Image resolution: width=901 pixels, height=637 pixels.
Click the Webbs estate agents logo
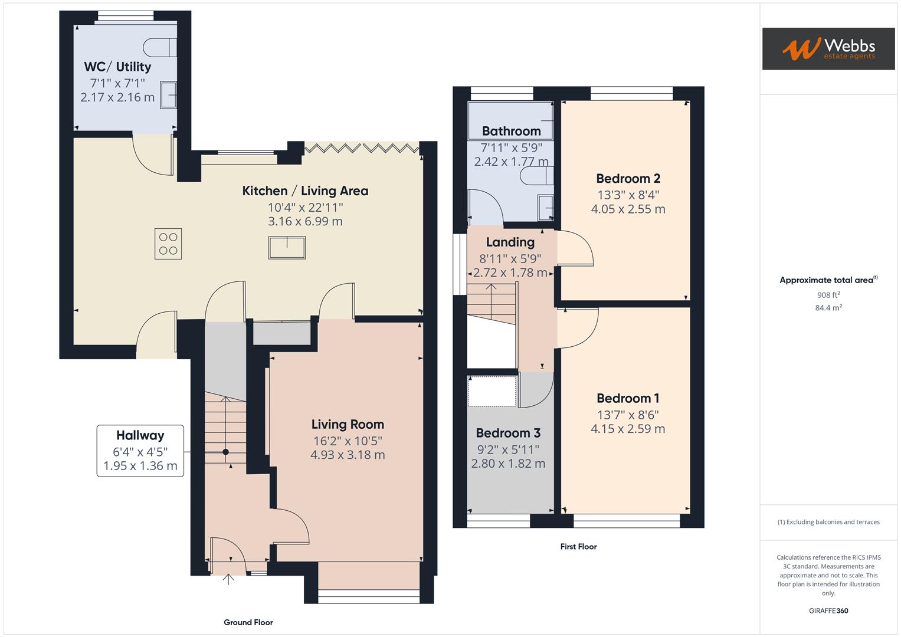click(828, 48)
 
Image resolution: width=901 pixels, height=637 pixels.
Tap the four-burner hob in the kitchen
click(168, 244)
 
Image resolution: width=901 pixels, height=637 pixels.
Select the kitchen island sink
click(287, 248)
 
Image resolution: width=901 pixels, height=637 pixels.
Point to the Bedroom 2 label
click(628, 179)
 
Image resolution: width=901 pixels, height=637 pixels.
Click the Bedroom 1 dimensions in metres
click(628, 429)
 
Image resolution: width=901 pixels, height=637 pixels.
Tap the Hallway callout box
click(140, 451)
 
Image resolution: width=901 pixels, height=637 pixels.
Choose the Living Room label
click(348, 425)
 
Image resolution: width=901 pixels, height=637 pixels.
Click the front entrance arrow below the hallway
click(228, 579)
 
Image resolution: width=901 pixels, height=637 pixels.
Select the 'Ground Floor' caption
click(248, 622)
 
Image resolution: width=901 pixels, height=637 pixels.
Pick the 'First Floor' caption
click(578, 547)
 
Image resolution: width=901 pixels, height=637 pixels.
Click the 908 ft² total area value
click(828, 295)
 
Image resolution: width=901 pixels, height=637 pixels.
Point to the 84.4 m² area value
click(828, 308)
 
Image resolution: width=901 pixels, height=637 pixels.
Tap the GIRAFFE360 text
click(828, 610)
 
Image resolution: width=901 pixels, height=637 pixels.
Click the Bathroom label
click(511, 131)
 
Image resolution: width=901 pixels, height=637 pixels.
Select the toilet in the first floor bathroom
click(538, 175)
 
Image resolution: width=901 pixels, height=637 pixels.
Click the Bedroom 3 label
click(508, 434)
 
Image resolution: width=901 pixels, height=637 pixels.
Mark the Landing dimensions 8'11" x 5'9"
click(510, 258)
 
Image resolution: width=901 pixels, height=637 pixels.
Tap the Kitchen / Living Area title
click(305, 191)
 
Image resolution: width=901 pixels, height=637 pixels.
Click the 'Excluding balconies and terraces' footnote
click(828, 522)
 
